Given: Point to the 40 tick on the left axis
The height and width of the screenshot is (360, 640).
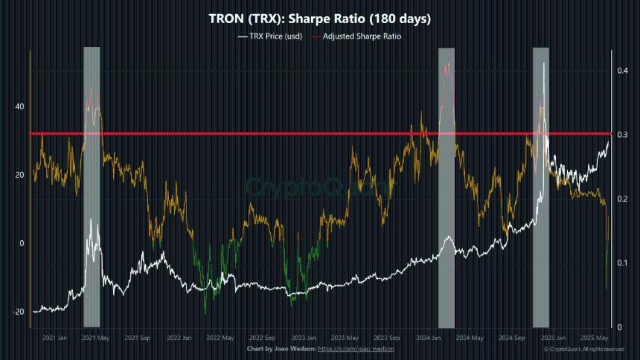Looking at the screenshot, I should click(19, 106).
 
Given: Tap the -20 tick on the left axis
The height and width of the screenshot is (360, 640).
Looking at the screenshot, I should click(18, 312).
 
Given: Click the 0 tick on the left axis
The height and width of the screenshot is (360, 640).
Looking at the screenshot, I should click(22, 243).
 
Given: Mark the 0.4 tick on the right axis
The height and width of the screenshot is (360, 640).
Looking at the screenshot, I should click(621, 71).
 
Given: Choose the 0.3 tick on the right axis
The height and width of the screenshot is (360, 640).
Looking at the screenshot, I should click(621, 134).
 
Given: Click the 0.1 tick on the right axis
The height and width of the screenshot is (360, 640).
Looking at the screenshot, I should click(621, 263).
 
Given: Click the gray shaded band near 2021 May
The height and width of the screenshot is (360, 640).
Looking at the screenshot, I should click(92, 186).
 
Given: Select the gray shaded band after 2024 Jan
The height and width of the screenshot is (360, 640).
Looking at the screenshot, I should click(446, 186).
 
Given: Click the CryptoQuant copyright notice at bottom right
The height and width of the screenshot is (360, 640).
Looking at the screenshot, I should click(583, 349).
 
